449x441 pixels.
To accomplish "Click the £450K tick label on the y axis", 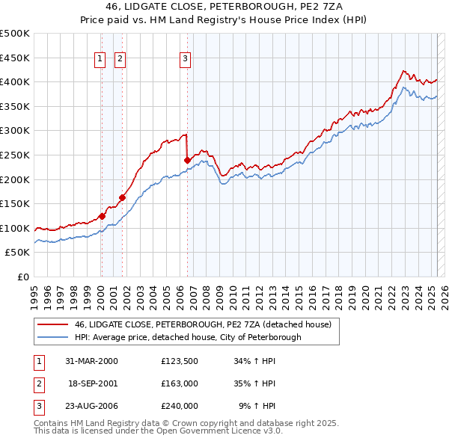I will pos(15,58).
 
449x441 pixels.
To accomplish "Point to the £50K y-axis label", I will pos(18,253).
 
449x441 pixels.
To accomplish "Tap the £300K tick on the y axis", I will pos(15,131).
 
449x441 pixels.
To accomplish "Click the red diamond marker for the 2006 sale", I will pos(187,160).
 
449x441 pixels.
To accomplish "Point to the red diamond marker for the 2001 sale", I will pos(122,197).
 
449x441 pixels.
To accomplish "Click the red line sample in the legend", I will pos(53,325).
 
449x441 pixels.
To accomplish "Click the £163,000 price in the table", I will pos(179,383).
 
